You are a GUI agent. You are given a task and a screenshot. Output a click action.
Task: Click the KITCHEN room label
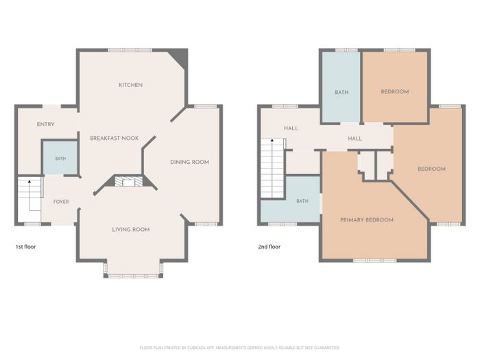coord(131,85)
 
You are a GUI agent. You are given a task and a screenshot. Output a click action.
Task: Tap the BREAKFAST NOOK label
coord(115,139)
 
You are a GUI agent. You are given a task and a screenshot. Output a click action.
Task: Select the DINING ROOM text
coord(189,163)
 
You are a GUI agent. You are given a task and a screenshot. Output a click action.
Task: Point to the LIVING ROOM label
coord(131,230)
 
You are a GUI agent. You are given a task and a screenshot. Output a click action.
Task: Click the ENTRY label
coord(46,124)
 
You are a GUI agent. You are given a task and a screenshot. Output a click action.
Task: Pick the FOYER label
coord(61,202)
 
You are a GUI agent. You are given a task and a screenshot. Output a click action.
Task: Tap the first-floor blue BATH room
coord(60,158)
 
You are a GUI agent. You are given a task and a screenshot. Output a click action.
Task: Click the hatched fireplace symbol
coord(129,181)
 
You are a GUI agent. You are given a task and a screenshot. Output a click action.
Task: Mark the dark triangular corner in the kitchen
coord(179,59)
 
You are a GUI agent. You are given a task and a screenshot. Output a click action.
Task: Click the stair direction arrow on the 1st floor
coord(29,195)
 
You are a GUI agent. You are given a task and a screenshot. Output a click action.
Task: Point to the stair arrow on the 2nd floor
coord(272,169)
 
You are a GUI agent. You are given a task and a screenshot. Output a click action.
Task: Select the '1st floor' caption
coord(26,247)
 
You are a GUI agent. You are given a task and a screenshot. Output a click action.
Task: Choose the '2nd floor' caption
coord(269,247)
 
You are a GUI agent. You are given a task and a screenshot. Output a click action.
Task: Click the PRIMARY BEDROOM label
coord(367,220)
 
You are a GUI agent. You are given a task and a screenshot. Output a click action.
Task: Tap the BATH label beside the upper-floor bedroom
coord(341,92)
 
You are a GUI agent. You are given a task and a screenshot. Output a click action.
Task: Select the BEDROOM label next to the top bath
coord(395,91)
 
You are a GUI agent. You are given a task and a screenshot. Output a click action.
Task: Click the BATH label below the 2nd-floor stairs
coord(302,201)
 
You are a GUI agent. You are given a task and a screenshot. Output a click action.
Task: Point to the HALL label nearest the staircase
coord(291,128)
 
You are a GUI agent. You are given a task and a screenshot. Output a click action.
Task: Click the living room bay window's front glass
coord(133,276)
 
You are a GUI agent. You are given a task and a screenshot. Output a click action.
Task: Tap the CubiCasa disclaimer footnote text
coord(240,348)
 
